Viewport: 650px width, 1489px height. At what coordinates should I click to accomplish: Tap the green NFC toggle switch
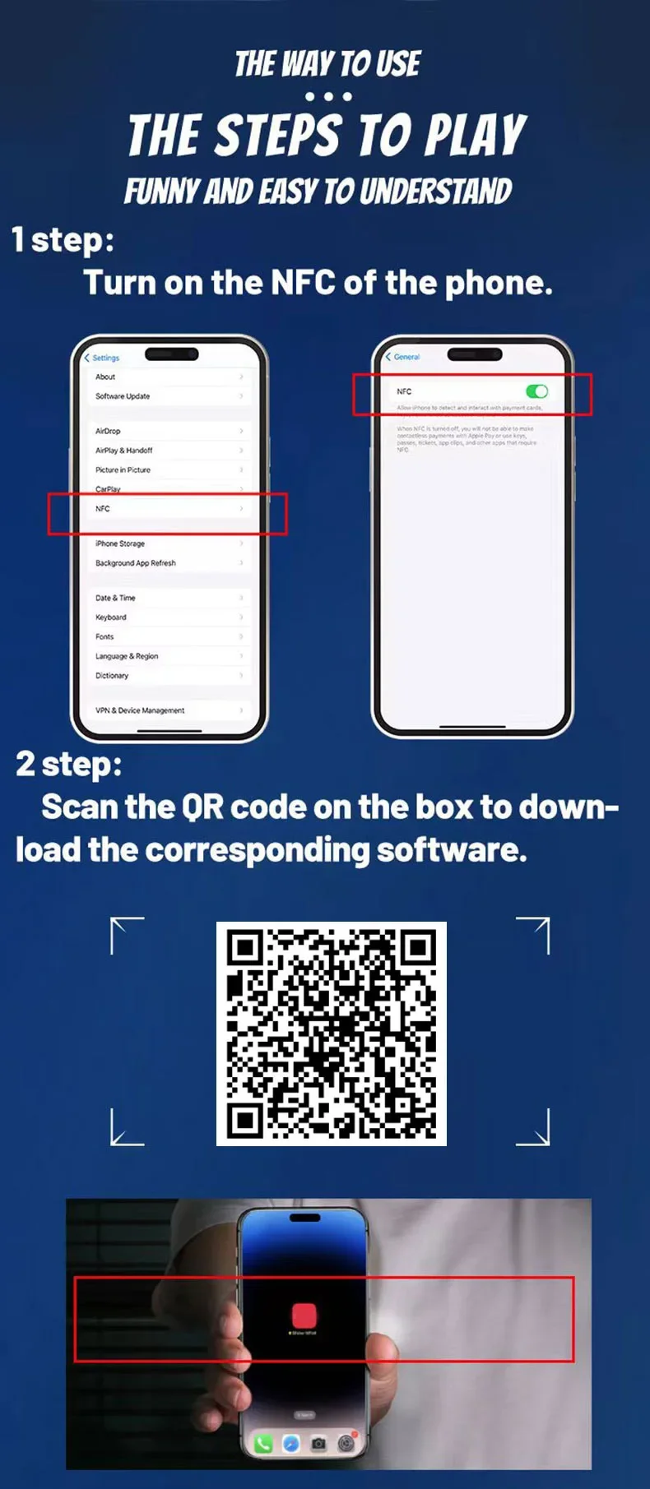tap(536, 391)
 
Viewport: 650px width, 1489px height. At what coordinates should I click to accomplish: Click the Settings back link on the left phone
tap(102, 358)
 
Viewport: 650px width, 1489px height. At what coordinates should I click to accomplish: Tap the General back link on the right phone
tap(403, 357)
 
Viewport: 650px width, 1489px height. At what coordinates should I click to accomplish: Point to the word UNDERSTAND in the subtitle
tap(435, 192)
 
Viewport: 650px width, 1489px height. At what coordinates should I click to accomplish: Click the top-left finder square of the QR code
tap(244, 949)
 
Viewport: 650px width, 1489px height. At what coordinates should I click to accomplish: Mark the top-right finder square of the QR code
tap(418, 949)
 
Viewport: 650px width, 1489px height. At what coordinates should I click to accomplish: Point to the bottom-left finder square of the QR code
tap(244, 1119)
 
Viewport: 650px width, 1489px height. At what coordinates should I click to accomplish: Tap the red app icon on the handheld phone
tap(304, 1314)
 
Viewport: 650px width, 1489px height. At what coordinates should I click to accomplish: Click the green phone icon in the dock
tap(263, 1444)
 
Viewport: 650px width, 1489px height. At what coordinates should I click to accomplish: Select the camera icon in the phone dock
tap(318, 1444)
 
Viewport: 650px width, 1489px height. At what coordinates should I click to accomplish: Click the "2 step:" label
tap(69, 764)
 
